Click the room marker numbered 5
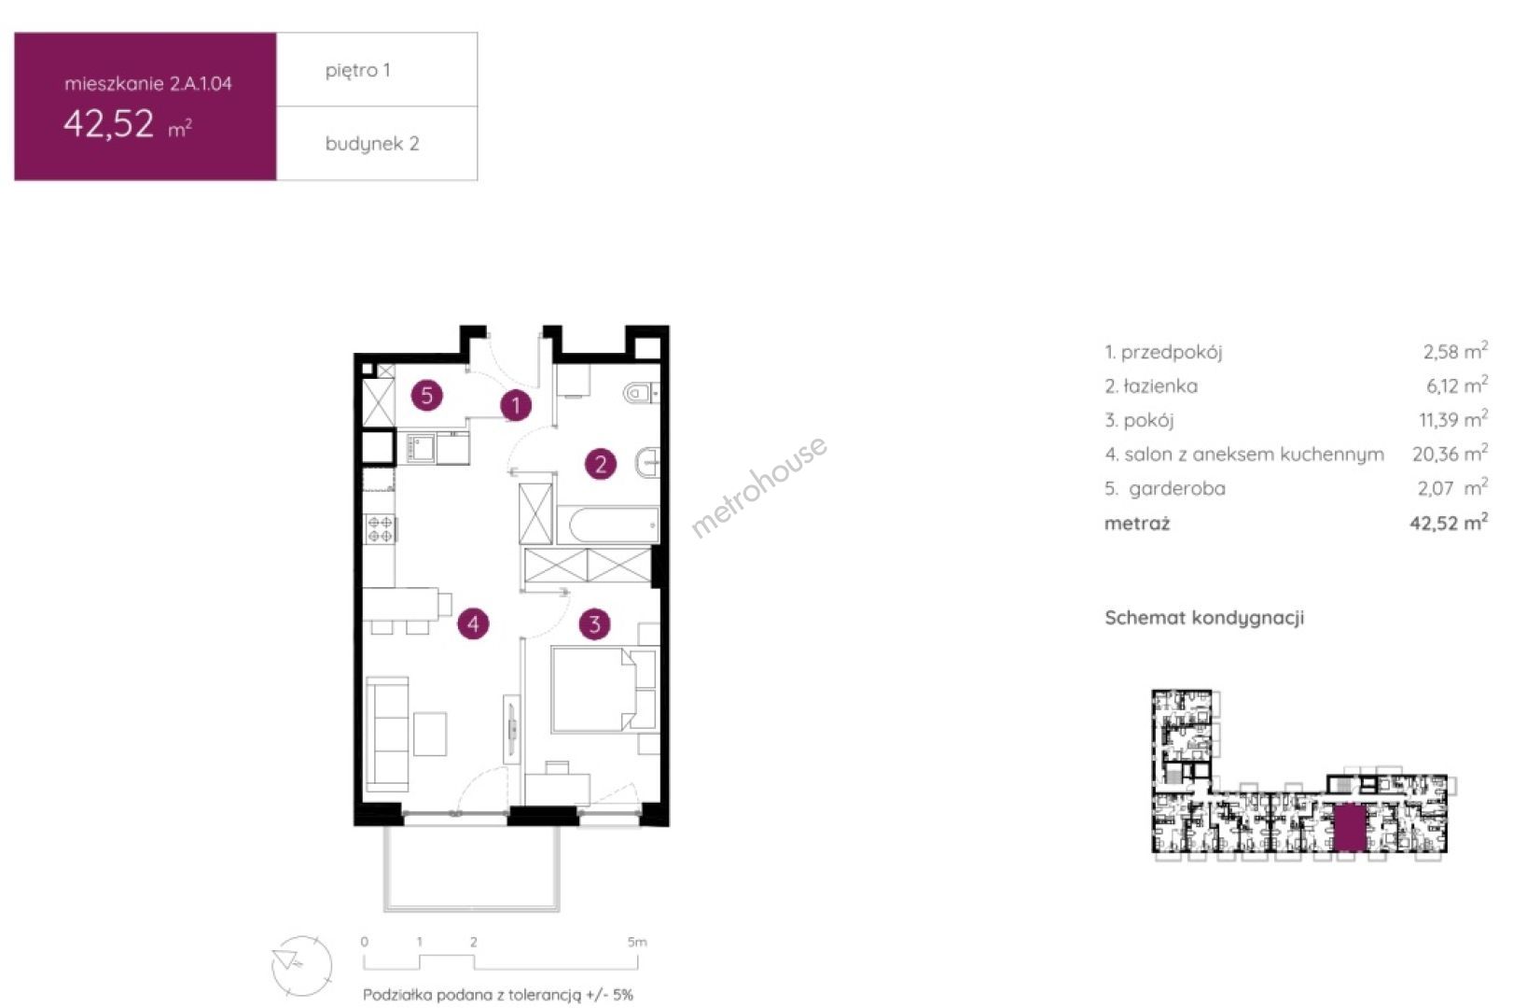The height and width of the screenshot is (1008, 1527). (426, 396)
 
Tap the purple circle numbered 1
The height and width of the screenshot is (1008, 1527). (516, 406)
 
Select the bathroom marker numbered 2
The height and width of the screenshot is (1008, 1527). (601, 465)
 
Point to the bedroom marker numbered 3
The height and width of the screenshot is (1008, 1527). (594, 624)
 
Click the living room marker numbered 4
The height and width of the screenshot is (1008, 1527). (473, 623)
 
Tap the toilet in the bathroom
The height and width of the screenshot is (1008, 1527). (641, 394)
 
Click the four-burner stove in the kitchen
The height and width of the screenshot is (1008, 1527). (381, 529)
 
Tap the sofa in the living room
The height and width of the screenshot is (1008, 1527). (387, 734)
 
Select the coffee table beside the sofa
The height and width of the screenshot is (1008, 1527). (430, 734)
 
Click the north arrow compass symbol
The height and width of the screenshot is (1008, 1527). (301, 966)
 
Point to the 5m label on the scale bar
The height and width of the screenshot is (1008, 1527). (637, 942)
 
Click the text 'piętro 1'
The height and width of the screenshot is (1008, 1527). (358, 70)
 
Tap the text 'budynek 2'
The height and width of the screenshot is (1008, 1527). (372, 144)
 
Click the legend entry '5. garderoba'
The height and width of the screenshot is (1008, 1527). (1165, 488)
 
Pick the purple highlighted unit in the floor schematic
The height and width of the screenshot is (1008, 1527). (1350, 827)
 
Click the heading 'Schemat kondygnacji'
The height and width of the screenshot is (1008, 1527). (1204, 618)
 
